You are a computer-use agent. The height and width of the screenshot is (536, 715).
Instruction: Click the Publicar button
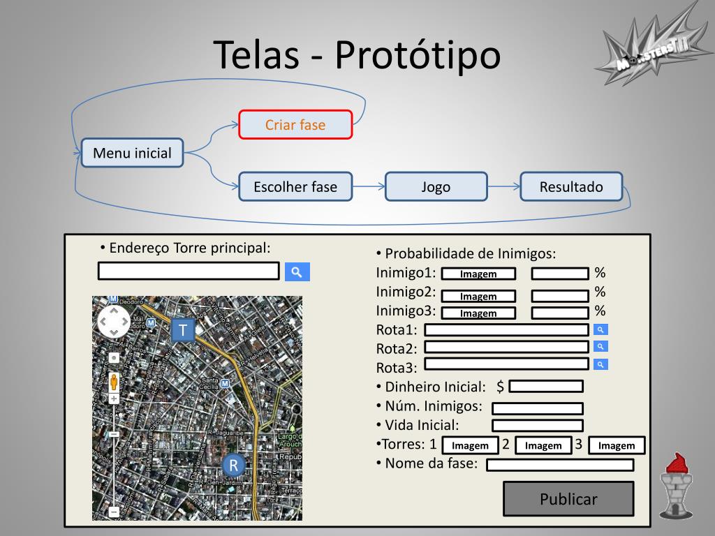568,499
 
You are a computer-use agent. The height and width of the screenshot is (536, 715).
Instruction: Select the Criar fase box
295,125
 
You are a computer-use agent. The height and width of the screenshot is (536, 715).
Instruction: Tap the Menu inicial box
132,153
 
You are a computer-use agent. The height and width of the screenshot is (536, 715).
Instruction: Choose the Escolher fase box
295,186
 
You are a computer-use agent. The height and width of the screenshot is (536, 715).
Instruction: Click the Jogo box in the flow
436,186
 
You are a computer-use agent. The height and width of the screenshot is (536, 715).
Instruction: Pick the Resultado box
571,186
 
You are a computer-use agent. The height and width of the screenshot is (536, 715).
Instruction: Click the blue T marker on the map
183,330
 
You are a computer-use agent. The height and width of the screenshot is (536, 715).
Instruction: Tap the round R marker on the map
234,465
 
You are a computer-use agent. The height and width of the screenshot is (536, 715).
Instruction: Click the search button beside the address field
297,272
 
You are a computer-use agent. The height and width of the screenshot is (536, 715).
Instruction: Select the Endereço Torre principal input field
189,271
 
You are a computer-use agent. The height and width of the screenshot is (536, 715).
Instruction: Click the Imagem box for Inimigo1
478,274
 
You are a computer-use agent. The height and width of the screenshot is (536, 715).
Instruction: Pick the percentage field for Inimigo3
560,313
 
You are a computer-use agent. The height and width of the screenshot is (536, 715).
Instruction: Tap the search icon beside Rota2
600,347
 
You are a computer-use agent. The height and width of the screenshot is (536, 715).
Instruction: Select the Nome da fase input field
560,465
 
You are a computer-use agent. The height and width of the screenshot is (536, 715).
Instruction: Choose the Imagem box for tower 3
617,445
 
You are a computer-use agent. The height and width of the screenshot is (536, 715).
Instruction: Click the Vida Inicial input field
537,426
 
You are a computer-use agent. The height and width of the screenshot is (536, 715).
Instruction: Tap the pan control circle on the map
113,322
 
